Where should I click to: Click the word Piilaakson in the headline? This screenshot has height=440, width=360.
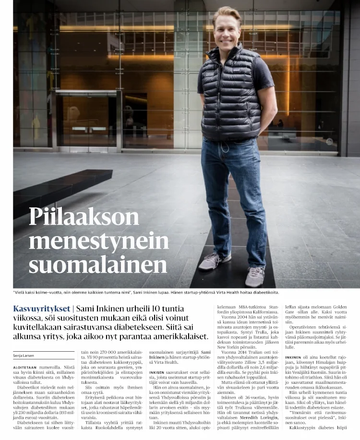pyautogui.click(x=84, y=217)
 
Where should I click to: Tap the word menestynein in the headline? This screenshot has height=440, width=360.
pyautogui.click(x=98, y=240)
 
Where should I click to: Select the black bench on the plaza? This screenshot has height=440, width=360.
pyautogui.click(x=58, y=187)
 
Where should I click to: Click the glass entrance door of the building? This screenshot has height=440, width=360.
pyautogui.click(x=86, y=120)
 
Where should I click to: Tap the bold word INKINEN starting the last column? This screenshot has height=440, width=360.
pyautogui.click(x=293, y=357)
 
